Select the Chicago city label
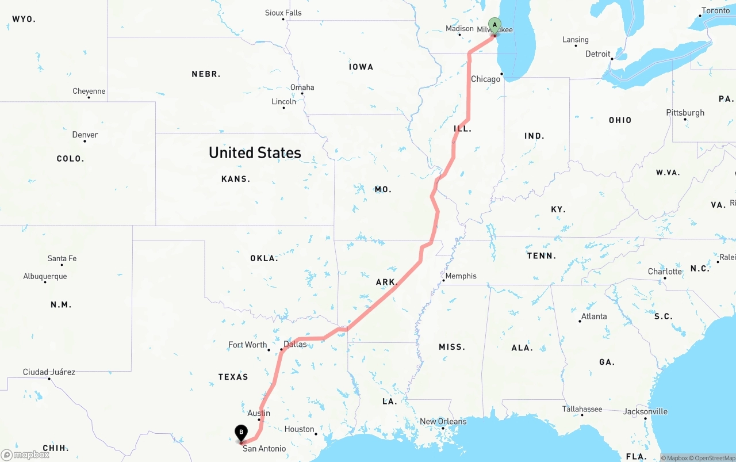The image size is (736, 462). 485,79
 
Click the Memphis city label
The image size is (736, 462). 461,276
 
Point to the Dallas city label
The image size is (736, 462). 295,344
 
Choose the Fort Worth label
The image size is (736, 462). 247,345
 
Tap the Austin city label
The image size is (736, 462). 259,413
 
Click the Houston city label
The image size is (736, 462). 299,429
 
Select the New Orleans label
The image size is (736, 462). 443,421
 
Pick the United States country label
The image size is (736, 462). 255,152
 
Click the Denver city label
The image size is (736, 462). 85,135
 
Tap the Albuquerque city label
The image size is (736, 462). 45,276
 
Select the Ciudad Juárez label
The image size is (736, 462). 49,372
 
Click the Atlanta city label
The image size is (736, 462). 594,316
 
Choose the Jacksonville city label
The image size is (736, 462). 645,411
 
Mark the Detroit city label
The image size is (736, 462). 597,54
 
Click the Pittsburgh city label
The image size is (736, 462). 685,113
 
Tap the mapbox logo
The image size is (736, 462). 25,455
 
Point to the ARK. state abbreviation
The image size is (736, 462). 386,282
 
